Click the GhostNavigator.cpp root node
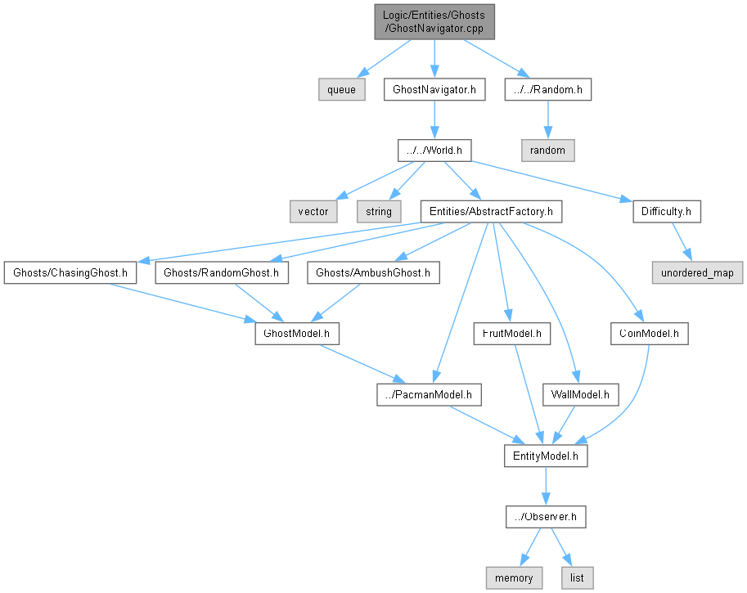click(434, 21)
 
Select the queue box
click(341, 89)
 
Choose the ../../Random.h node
click(548, 89)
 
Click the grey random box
click(547, 150)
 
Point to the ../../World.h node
click(434, 150)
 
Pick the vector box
click(313, 211)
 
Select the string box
click(379, 211)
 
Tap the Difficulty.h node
click(667, 211)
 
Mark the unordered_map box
click(697, 272)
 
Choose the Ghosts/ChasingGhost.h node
click(70, 272)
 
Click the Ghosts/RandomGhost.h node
click(222, 272)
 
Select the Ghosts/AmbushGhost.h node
click(373, 272)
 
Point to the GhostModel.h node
click(296, 334)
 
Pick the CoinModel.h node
click(650, 334)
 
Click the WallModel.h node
click(581, 395)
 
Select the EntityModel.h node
click(546, 456)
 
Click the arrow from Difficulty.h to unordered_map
click(681, 242)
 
